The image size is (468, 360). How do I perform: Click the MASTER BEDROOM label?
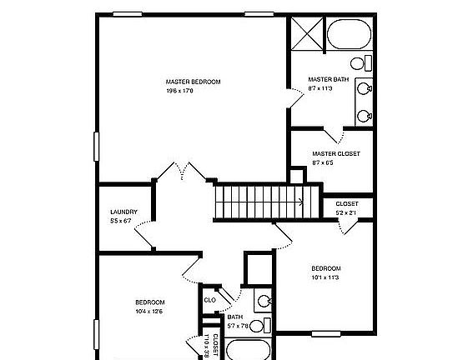pos(193,81)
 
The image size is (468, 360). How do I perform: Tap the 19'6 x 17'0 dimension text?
pos(180,90)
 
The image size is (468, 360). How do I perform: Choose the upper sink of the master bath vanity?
pos(364,87)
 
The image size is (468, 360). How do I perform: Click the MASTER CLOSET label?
pos(336,153)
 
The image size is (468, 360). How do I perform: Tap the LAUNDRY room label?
pos(123,212)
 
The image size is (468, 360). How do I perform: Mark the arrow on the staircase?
pos(299,200)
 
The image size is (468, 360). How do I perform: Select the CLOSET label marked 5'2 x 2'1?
pos(347,204)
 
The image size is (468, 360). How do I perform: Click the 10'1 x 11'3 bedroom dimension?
pos(326,277)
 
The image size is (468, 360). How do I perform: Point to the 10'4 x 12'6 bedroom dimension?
pos(149,311)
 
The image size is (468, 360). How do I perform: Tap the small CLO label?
pos(210,300)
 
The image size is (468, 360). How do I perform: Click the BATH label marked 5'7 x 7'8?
pos(235,317)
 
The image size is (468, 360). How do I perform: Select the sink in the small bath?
pos(264,302)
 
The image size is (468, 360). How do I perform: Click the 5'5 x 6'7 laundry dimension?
pos(122,221)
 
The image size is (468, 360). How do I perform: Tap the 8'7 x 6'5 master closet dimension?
pos(324,162)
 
